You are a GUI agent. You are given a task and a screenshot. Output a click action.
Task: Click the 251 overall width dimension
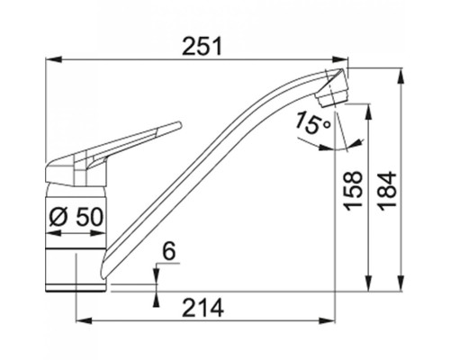coord(202,47)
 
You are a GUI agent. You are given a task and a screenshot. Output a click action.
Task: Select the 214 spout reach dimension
coord(203,308)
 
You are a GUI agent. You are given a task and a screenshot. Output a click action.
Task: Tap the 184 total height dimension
coord(387,191)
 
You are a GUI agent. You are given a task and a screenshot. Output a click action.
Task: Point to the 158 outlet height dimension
coord(353,191)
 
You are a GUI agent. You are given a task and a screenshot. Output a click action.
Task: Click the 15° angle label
coord(312,122)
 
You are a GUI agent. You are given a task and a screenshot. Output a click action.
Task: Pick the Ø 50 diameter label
coord(76,217)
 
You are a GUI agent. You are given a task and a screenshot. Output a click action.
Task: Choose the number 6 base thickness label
coord(169,252)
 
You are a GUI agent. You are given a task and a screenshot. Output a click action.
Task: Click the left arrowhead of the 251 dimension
coord(53,59)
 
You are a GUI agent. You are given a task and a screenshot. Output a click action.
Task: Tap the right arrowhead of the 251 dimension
coord(340,59)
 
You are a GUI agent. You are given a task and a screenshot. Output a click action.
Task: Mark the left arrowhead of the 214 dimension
coord(84,321)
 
